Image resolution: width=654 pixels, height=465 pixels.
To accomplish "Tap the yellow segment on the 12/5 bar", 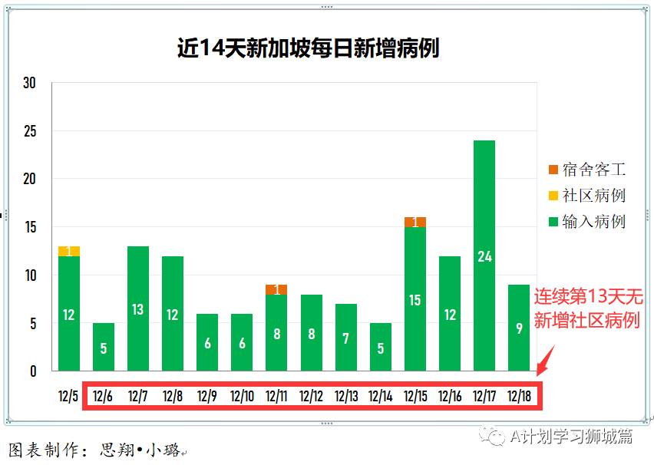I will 69,251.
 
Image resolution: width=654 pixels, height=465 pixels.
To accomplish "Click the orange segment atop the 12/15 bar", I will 415,222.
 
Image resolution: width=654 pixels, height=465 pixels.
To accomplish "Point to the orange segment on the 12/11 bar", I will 276,289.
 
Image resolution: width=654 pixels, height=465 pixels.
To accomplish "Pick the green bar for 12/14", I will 381,347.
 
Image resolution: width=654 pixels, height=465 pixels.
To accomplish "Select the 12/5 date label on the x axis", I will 69,396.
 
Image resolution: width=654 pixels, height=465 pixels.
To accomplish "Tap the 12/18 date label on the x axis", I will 519,396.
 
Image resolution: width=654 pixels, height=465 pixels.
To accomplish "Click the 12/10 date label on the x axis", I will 242,396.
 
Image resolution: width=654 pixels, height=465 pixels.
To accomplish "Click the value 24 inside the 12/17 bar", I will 484,256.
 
